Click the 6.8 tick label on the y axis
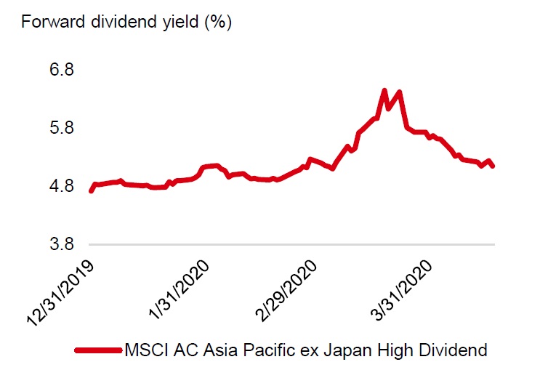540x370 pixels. tap(62, 69)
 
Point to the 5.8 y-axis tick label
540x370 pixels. tap(62, 127)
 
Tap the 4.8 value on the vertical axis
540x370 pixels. tap(62, 185)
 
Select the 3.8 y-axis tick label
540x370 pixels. tap(62, 244)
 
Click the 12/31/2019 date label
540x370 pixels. tap(60, 293)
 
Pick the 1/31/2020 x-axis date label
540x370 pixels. tap(179, 289)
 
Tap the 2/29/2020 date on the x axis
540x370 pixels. tap(286, 290)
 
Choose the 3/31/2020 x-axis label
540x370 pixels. tap(401, 290)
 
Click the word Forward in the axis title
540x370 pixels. tap(53, 22)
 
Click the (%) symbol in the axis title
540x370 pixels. tap(218, 23)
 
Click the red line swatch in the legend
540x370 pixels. tap(99, 350)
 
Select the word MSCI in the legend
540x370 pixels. tap(147, 350)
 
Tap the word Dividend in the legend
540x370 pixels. tap(453, 350)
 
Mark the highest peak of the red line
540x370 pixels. tap(384, 90)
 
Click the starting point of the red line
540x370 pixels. tap(92, 190)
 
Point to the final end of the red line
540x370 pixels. tap(493, 166)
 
